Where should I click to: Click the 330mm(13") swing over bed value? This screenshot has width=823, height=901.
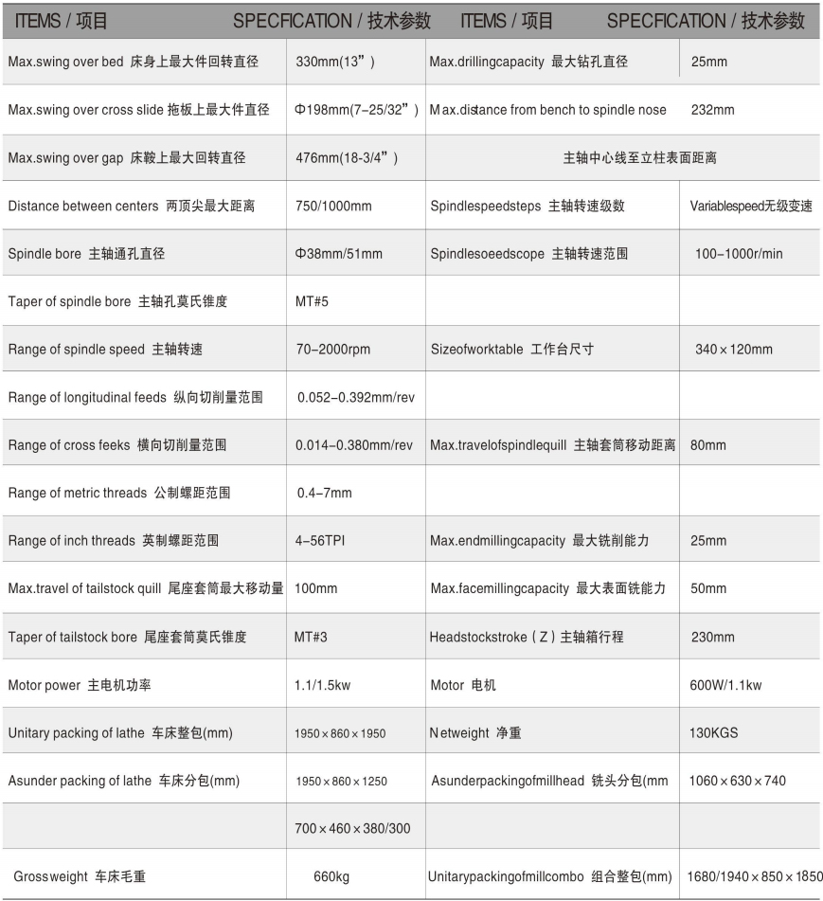[335, 62]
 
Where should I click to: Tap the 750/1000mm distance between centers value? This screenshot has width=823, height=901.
[333, 206]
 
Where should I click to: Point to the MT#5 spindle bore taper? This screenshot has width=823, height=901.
[312, 301]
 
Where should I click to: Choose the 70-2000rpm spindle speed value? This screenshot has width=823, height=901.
[332, 350]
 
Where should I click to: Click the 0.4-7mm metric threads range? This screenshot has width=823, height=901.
[324, 493]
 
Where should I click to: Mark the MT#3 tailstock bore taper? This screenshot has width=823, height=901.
[311, 637]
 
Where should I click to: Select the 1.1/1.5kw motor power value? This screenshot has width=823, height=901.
[322, 685]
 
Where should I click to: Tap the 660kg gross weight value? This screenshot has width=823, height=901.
[331, 876]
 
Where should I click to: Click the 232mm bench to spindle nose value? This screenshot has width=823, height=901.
[712, 110]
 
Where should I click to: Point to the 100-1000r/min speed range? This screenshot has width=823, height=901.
[739, 254]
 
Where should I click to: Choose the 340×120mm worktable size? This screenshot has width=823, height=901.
[733, 350]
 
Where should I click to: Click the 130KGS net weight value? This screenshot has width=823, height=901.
[714, 732]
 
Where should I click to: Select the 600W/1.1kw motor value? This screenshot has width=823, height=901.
[725, 685]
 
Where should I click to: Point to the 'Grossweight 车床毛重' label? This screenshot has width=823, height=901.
[80, 876]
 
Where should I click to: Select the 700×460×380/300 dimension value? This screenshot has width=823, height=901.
[352, 828]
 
